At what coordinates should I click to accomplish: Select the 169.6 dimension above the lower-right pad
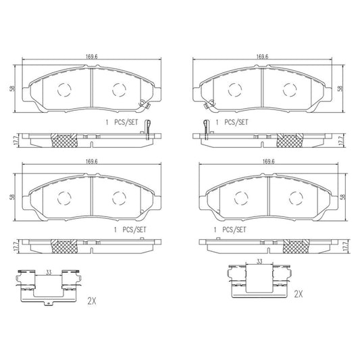point(268,161)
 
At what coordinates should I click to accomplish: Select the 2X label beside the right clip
point(298,294)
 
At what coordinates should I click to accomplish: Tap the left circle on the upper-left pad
point(64,88)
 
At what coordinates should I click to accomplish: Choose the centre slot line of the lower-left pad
point(91,197)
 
